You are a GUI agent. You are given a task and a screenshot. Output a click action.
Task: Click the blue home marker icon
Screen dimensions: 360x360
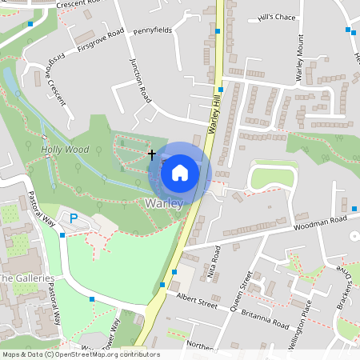point(180,172)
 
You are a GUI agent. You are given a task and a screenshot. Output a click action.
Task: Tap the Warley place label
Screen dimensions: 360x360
point(164,203)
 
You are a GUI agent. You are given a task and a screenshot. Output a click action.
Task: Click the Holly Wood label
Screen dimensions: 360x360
point(65,149)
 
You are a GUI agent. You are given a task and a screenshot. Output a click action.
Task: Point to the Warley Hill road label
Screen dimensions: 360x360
point(214,112)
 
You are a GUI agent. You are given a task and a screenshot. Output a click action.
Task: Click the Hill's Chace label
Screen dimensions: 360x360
point(277,17)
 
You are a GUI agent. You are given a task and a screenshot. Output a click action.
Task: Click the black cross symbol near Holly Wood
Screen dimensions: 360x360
point(151,152)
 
